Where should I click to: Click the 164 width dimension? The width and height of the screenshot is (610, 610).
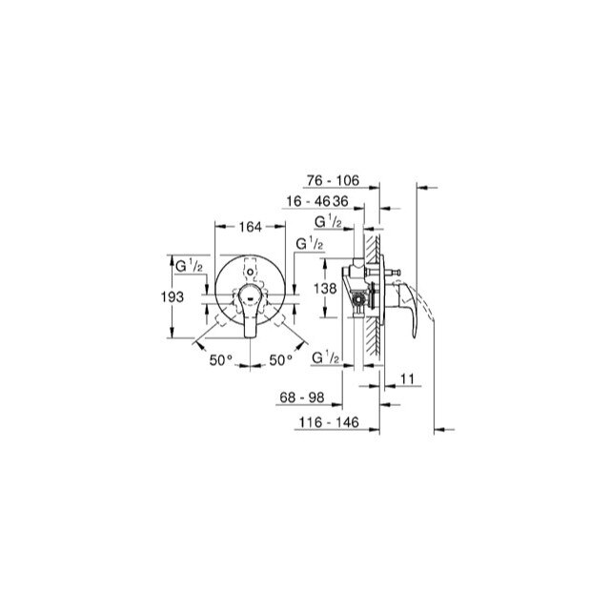click(249, 227)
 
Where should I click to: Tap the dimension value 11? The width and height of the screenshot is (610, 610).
click(407, 379)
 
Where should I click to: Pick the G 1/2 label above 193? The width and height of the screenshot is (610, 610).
click(187, 264)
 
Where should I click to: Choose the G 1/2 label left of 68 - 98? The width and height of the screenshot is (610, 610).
click(327, 356)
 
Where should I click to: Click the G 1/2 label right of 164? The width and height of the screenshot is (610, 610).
click(309, 245)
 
